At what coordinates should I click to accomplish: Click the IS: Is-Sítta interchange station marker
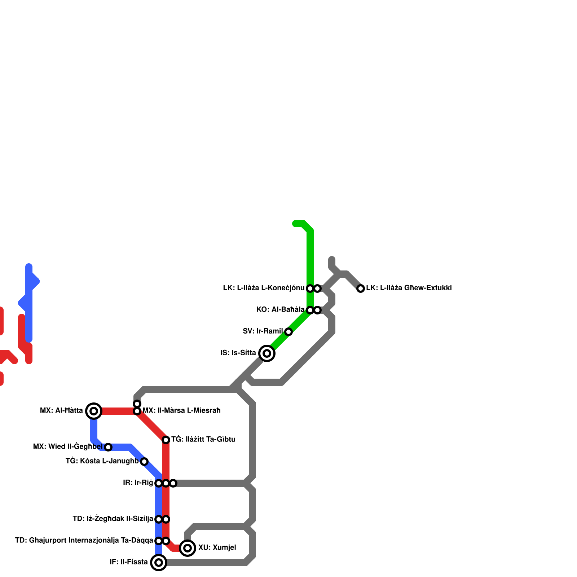click(x=267, y=353)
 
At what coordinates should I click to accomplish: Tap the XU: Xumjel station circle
click(x=188, y=548)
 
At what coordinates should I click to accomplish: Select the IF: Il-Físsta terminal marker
click(x=159, y=563)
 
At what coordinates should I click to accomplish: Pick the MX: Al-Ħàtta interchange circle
click(x=94, y=411)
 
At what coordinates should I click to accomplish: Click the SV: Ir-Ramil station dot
click(x=288, y=332)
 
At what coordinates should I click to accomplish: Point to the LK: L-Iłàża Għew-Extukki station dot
click(x=361, y=288)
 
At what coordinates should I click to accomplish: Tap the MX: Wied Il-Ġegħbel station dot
click(x=108, y=447)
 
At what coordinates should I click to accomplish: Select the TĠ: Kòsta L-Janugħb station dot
click(x=144, y=462)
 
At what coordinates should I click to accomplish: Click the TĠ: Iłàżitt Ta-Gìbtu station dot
click(x=166, y=440)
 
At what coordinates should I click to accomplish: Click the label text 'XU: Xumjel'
click(x=217, y=548)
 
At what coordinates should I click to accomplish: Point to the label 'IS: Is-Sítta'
click(x=238, y=353)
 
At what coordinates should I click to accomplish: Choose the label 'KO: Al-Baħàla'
click(x=280, y=310)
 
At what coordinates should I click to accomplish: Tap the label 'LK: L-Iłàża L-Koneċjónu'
click(x=264, y=288)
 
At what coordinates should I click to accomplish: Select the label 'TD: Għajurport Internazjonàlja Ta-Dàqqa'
click(x=84, y=541)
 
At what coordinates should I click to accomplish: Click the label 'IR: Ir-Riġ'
click(x=138, y=483)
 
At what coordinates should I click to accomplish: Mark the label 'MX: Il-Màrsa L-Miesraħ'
click(x=181, y=411)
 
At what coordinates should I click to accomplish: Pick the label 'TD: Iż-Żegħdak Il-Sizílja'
click(x=113, y=519)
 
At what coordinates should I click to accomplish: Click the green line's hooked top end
click(x=295, y=224)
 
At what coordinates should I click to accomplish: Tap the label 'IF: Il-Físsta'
click(x=129, y=562)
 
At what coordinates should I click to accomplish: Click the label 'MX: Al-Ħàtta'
click(x=61, y=411)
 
